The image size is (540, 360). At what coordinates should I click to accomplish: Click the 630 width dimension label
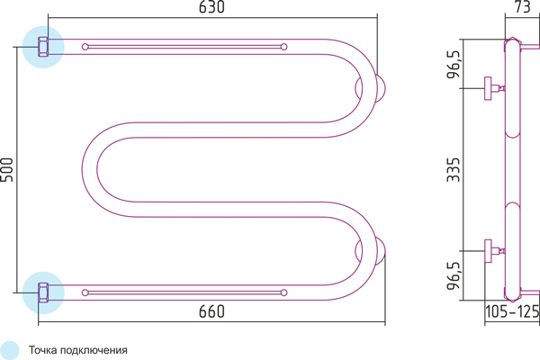[211, 7]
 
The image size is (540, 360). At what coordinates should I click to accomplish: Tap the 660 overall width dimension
[211, 311]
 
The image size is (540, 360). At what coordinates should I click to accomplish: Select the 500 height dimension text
[7, 169]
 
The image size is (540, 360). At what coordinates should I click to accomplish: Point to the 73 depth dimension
[522, 7]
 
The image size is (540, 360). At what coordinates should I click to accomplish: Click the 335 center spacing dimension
[454, 170]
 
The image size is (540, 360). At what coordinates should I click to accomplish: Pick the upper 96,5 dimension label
[454, 65]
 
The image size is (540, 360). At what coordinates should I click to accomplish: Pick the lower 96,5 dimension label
[454, 276]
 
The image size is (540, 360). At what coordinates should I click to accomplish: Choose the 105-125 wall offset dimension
[512, 311]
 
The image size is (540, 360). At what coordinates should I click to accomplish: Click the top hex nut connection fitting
[43, 47]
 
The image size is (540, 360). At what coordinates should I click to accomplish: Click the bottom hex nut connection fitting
[43, 292]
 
